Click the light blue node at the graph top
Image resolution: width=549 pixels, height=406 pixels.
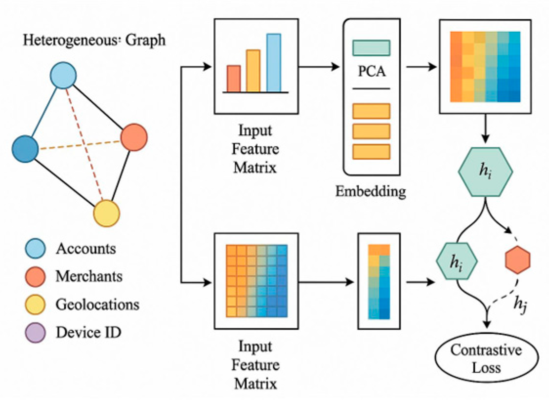coord(63,76)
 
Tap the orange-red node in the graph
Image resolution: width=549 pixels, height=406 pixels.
coord(134,138)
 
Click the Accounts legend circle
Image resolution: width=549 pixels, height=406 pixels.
coord(35,249)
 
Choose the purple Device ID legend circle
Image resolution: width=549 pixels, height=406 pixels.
coord(35,333)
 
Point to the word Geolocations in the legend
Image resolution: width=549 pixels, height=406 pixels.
coord(97,305)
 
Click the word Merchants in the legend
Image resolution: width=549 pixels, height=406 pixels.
coord(89,277)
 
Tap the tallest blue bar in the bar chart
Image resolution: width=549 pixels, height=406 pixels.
coord(274,63)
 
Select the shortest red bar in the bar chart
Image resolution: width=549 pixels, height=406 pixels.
coord(234,79)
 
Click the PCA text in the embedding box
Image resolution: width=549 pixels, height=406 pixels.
coord(371,73)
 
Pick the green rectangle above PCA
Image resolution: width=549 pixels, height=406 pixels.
coord(371,48)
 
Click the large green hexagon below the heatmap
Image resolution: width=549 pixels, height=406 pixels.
coord(485,172)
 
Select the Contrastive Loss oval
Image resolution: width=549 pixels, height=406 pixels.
coord(486,359)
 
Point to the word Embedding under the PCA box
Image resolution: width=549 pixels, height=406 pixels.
coord(370,191)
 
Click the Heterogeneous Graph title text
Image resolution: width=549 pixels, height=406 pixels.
coord(94,40)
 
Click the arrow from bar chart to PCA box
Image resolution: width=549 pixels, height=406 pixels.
coord(320,66)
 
